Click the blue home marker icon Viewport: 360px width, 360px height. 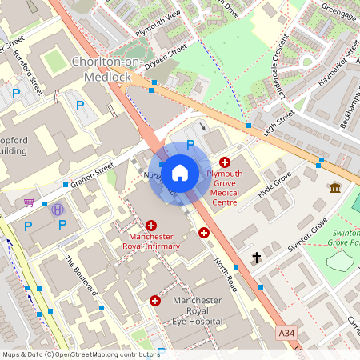pos(180,172)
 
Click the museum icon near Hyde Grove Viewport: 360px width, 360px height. pos(335,187)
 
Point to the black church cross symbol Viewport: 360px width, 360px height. pos(257,258)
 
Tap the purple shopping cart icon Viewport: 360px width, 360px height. pos(30,202)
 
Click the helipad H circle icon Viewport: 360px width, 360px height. pos(57,210)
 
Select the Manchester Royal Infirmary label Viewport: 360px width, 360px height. pos(151,242)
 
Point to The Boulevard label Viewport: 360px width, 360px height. pos(80,274)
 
